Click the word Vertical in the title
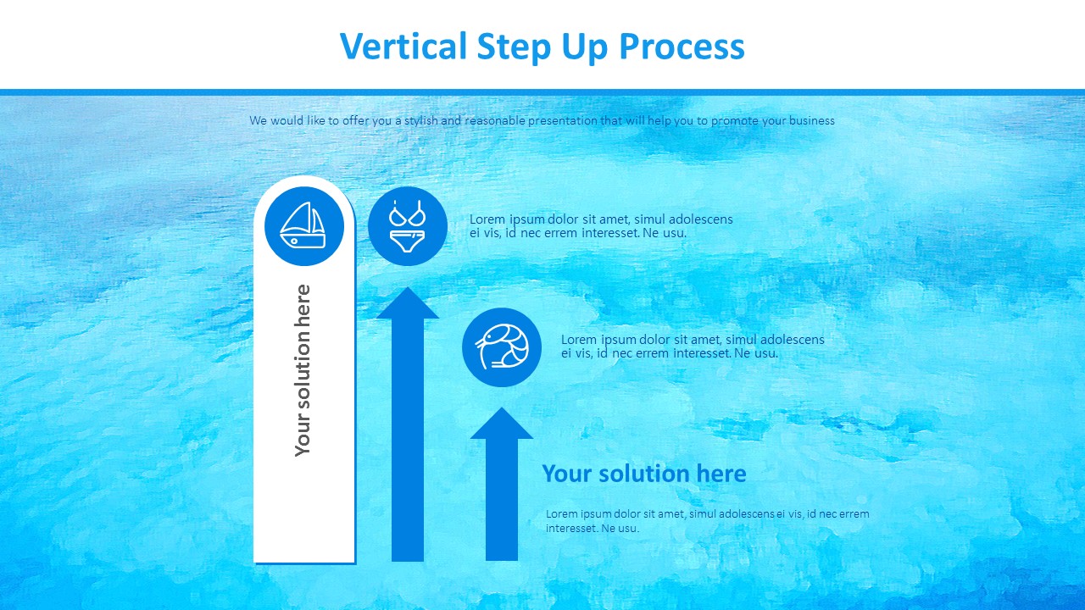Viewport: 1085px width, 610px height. click(403, 47)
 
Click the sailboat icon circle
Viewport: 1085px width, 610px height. click(304, 226)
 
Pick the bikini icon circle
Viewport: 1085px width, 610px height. click(407, 226)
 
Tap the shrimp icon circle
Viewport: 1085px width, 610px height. click(502, 347)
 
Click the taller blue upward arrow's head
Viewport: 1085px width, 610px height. click(408, 305)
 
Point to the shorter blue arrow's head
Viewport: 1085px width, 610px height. click(502, 425)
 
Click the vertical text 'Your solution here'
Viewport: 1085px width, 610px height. click(303, 370)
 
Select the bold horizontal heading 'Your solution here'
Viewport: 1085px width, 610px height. click(644, 474)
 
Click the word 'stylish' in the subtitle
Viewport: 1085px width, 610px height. click(420, 120)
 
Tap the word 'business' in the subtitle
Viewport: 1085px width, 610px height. click(811, 120)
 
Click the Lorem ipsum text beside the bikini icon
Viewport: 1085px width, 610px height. click(601, 225)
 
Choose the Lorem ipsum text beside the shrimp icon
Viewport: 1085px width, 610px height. click(693, 346)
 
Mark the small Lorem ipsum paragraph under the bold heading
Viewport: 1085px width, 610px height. click(707, 521)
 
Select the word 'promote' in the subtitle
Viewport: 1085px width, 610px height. click(735, 120)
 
